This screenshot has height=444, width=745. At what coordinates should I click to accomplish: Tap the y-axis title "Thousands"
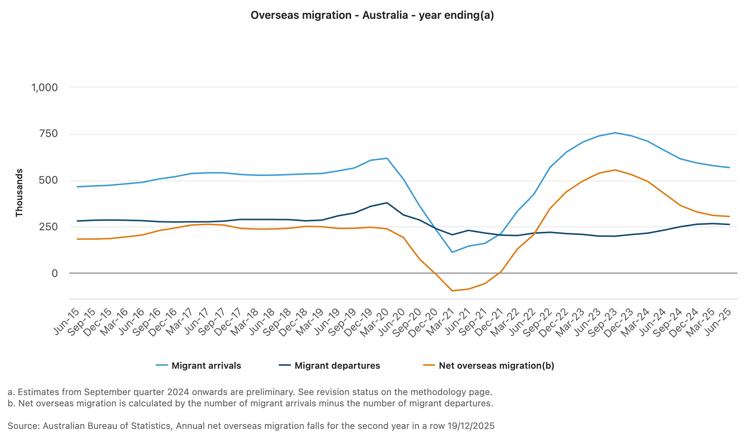point(19,193)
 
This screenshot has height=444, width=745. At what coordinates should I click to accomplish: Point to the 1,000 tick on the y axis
point(45,88)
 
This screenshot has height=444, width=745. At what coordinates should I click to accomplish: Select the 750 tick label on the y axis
point(49,134)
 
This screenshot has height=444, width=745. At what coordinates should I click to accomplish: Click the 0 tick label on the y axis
point(55,274)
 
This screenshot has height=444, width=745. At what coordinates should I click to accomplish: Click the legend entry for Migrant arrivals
point(206,366)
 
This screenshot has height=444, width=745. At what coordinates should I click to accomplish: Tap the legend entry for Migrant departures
point(337,366)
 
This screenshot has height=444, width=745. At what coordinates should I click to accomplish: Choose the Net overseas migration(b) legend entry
point(496,366)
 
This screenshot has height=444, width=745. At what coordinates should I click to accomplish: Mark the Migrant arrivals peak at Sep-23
point(615,133)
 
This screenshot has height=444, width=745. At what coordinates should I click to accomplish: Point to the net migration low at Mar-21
point(452,291)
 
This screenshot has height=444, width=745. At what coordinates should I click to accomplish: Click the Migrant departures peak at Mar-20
point(387,203)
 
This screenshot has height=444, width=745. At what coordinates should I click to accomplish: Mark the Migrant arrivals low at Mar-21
point(452,252)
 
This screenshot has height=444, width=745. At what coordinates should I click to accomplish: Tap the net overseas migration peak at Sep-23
point(615,170)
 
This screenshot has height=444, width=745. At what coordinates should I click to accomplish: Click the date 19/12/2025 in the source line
point(471,426)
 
